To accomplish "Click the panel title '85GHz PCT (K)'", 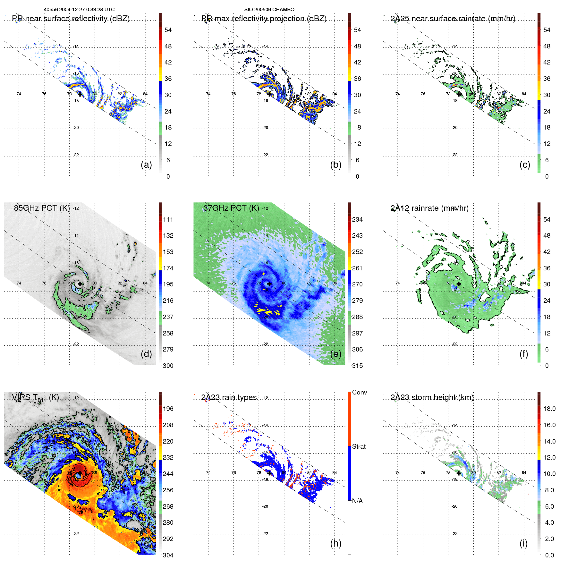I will [42, 208].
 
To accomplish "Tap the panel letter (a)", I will [146, 165].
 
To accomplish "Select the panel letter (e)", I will [335, 354].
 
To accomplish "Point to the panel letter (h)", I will [335, 543].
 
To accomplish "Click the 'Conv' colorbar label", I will [359, 393].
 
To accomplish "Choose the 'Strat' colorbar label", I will [359, 447].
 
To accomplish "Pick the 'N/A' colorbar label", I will [357, 501].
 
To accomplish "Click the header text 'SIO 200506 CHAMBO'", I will [269, 10].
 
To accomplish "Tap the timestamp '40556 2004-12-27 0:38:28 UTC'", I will [79, 10].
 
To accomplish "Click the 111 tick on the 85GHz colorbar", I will [168, 220].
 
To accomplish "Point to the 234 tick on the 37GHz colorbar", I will [357, 220].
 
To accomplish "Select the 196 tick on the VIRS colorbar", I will [168, 409].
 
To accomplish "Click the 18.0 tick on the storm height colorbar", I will [549, 409].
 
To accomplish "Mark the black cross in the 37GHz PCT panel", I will [269, 284].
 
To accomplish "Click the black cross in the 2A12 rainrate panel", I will [459, 284].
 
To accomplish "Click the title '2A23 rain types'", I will [229, 397].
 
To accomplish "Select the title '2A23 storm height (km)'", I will [432, 397].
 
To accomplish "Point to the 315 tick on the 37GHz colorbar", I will [357, 366].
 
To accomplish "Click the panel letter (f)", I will [523, 354].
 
